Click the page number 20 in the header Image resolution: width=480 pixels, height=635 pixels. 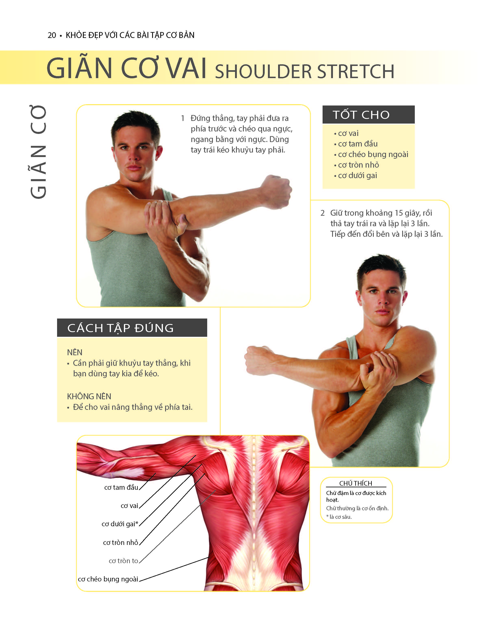52,35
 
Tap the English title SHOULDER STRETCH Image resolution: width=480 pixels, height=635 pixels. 305,71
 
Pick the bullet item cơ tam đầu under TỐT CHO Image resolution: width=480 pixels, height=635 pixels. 358,144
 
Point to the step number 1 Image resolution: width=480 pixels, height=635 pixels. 183,118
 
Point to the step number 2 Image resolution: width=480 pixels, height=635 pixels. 323,213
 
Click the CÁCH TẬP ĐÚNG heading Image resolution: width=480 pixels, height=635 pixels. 120,328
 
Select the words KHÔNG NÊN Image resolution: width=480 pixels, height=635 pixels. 89,396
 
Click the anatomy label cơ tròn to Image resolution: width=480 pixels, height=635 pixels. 123,561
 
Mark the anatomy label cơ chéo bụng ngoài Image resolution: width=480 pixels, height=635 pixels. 108,579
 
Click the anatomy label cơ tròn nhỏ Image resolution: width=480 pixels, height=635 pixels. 120,542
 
